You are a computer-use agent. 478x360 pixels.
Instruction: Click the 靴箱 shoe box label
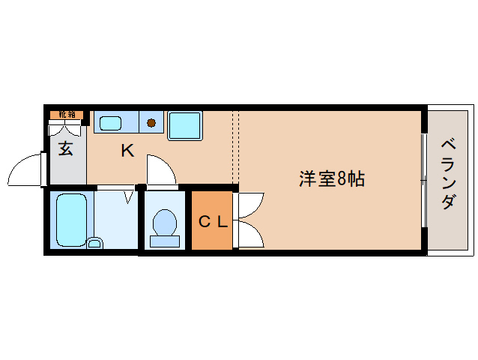(67, 115)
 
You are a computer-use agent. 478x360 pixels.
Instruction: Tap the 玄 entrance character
(66, 148)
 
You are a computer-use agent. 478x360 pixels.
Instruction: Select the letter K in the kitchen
(127, 151)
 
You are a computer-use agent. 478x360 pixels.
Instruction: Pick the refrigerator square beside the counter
(184, 124)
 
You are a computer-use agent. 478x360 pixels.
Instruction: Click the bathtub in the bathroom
(72, 219)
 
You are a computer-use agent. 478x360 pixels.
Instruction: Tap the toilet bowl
(165, 223)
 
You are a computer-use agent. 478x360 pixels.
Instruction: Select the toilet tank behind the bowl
(165, 241)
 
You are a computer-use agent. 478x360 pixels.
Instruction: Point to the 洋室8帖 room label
(332, 178)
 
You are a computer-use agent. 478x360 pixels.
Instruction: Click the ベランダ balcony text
(447, 173)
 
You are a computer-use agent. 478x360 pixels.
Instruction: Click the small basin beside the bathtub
(94, 242)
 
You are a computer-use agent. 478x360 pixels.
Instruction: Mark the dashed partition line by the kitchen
(235, 146)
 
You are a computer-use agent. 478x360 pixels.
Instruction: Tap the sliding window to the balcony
(424, 180)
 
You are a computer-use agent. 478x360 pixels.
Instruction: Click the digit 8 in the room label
(342, 178)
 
